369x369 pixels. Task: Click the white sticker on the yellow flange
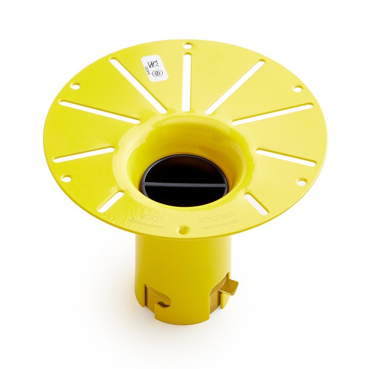154,68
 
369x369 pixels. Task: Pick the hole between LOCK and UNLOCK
183,228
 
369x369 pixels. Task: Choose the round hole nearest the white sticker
187,45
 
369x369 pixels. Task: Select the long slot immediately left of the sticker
137,85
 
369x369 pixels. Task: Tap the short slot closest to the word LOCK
111,201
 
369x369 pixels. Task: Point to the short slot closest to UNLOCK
256,203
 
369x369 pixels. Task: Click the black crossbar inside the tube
184,184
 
